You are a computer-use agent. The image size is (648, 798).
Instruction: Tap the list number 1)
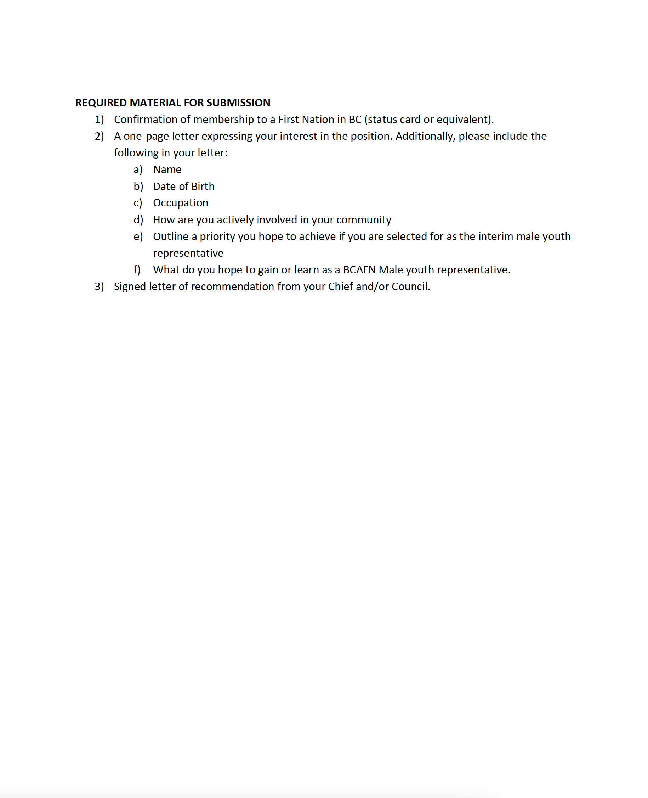point(99,120)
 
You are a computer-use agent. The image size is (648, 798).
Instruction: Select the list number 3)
point(99,287)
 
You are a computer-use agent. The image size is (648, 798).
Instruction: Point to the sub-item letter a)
point(138,170)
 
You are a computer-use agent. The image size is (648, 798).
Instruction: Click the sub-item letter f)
point(137,270)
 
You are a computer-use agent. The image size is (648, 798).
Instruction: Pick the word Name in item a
point(167,170)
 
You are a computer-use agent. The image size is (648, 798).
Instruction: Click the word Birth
point(203,187)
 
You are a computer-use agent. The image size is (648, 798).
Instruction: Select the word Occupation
point(181,203)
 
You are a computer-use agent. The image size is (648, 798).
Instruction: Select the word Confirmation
point(146,120)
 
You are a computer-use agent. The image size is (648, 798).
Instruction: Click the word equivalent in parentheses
point(462,120)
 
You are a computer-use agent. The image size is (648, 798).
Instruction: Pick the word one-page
point(146,137)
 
